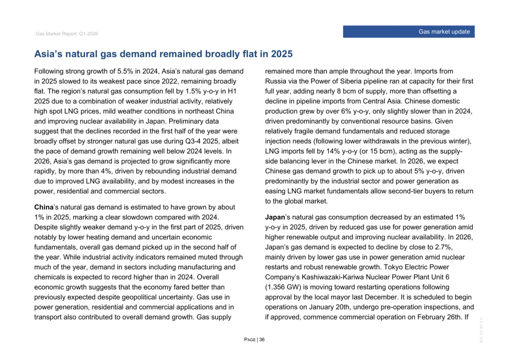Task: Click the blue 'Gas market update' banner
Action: pos(408,32)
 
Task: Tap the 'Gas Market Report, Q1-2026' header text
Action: pos(66,34)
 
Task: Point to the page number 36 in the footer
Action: pos(261,340)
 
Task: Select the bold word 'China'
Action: pos(43,207)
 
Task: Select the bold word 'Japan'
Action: pos(275,217)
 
